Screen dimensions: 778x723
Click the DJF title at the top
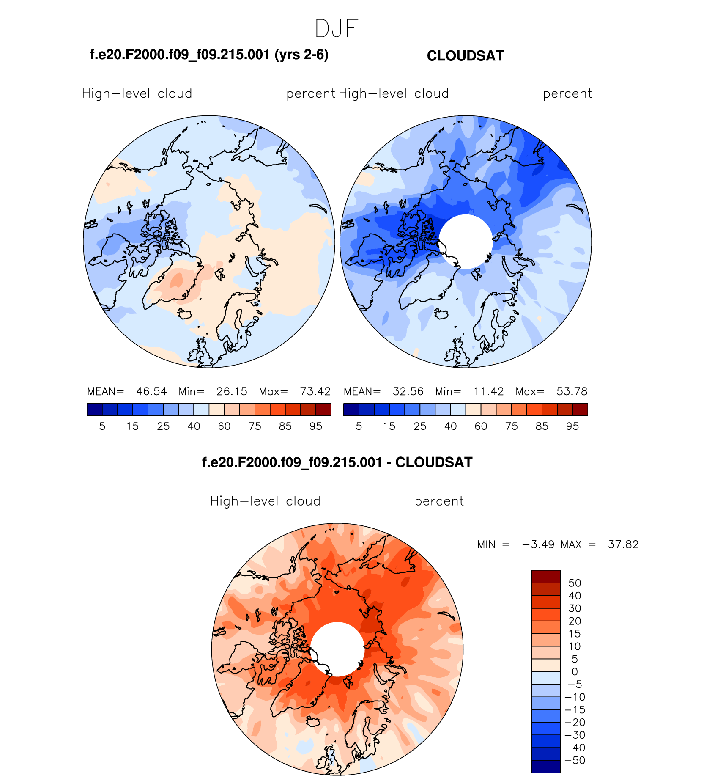tap(337, 29)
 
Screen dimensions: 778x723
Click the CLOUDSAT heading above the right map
tap(465, 56)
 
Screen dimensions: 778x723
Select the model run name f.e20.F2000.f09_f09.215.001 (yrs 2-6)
tap(209, 55)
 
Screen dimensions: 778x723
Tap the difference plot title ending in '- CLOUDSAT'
tap(337, 462)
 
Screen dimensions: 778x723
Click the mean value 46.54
tap(151, 391)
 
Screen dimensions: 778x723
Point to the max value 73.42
tap(315, 391)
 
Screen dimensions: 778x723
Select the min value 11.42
tap(488, 391)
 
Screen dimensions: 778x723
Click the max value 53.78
tap(572, 391)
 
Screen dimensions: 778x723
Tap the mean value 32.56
tap(408, 391)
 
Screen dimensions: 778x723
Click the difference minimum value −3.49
tap(538, 544)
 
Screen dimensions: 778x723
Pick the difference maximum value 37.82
tap(623, 544)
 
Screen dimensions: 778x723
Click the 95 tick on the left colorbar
tap(316, 426)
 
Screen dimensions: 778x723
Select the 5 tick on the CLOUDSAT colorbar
tap(359, 426)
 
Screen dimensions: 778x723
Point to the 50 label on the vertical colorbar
tap(575, 583)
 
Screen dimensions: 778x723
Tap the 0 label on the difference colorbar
tap(575, 671)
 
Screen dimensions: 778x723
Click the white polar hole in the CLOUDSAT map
tap(466, 242)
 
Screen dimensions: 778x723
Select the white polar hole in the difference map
tap(337, 649)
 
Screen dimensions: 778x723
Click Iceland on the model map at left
tap(185, 314)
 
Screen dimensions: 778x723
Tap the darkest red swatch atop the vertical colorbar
tap(546, 577)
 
